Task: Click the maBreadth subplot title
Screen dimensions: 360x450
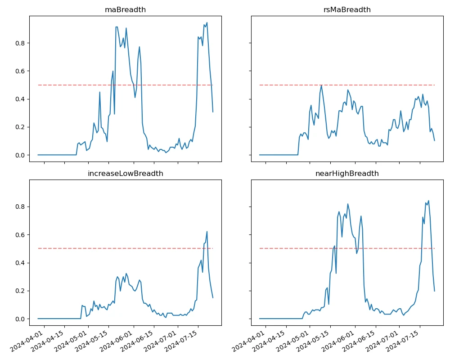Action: coord(125,10)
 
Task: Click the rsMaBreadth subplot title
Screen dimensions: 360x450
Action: coord(346,10)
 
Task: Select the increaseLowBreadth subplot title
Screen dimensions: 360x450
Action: coord(125,173)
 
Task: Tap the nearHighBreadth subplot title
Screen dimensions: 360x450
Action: coord(346,173)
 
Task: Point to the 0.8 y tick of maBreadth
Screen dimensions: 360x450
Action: coord(20,43)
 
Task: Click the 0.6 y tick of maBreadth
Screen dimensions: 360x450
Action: coord(20,71)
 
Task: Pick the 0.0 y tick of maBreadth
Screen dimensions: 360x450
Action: coord(20,155)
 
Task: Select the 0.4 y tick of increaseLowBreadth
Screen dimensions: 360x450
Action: coord(20,263)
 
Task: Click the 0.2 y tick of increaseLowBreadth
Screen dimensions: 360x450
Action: coord(20,291)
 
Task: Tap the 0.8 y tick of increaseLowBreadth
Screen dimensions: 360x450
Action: coord(20,207)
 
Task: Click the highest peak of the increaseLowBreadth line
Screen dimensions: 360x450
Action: coord(207,231)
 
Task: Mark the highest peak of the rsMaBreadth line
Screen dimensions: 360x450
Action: coord(321,85)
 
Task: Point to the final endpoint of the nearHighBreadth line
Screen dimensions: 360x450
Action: coord(435,291)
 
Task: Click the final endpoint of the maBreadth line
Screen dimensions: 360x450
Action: coord(213,112)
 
